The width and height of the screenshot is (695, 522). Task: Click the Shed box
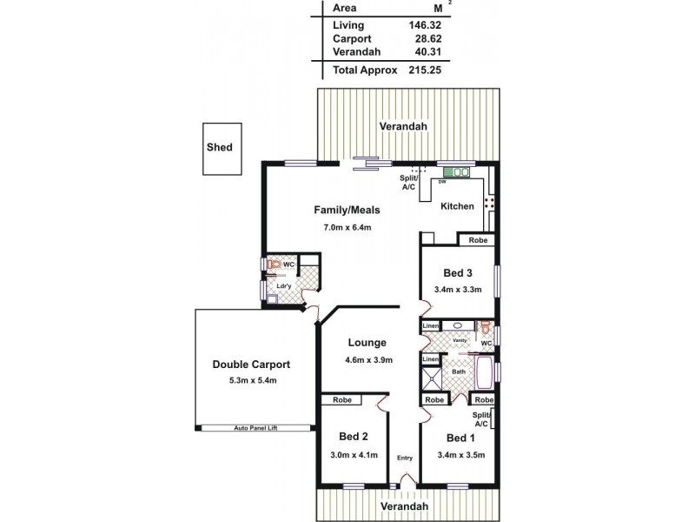click(x=220, y=147)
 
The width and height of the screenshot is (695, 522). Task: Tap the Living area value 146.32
click(x=424, y=25)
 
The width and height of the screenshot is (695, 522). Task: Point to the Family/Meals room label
click(x=347, y=210)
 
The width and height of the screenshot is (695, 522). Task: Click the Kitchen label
click(x=457, y=206)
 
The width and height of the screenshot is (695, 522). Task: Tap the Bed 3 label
click(x=458, y=273)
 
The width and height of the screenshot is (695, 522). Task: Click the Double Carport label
click(x=251, y=365)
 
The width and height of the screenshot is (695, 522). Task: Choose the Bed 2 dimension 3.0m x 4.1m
click(x=353, y=453)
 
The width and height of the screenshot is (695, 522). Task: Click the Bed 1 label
click(x=459, y=438)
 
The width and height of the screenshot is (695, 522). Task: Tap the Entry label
click(x=404, y=458)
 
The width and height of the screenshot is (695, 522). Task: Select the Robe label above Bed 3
click(x=477, y=239)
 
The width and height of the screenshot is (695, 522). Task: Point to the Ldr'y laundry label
click(x=283, y=285)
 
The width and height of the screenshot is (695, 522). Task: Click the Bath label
click(x=459, y=372)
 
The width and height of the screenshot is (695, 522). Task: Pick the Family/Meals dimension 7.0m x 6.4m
click(x=347, y=229)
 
